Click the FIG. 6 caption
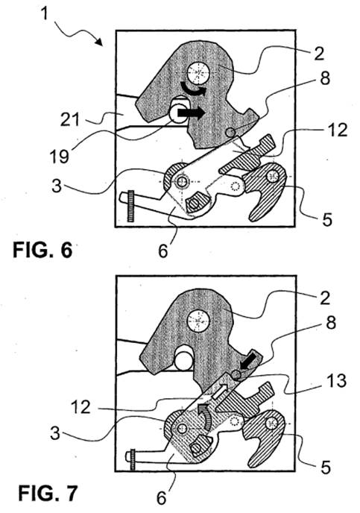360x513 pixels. pos(42,251)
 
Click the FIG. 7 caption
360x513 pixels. pos(48,493)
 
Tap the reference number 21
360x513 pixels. pos(69,120)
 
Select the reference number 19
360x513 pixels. pos(59,156)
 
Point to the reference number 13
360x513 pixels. pos(337,381)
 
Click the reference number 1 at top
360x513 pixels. pos(45,14)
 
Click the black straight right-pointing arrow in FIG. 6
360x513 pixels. pos(191,113)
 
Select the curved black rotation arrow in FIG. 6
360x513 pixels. pos(193,89)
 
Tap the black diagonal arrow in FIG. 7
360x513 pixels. pos(249,359)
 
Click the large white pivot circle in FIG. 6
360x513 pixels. pos(198,73)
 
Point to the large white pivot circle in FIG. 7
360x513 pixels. pos(198,321)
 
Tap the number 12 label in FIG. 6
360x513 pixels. pos(337,130)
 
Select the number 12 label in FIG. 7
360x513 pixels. pos(80,408)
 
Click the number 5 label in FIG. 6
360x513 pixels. pos(328,218)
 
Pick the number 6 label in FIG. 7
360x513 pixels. pos(162,497)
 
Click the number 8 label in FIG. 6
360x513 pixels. pos(325,78)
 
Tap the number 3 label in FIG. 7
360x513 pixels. pos(56,432)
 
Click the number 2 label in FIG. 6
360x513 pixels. pos(319,54)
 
